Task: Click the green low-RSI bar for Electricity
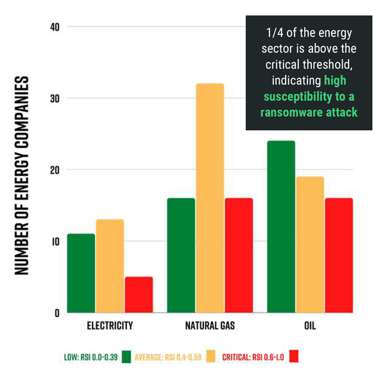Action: click(81, 273)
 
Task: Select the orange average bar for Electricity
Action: click(110, 266)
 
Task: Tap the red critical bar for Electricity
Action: click(139, 295)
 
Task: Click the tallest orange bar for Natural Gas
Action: click(210, 198)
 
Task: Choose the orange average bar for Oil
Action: click(309, 244)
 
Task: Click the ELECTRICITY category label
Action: click(110, 326)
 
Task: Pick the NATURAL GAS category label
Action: click(210, 326)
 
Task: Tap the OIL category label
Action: click(309, 326)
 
